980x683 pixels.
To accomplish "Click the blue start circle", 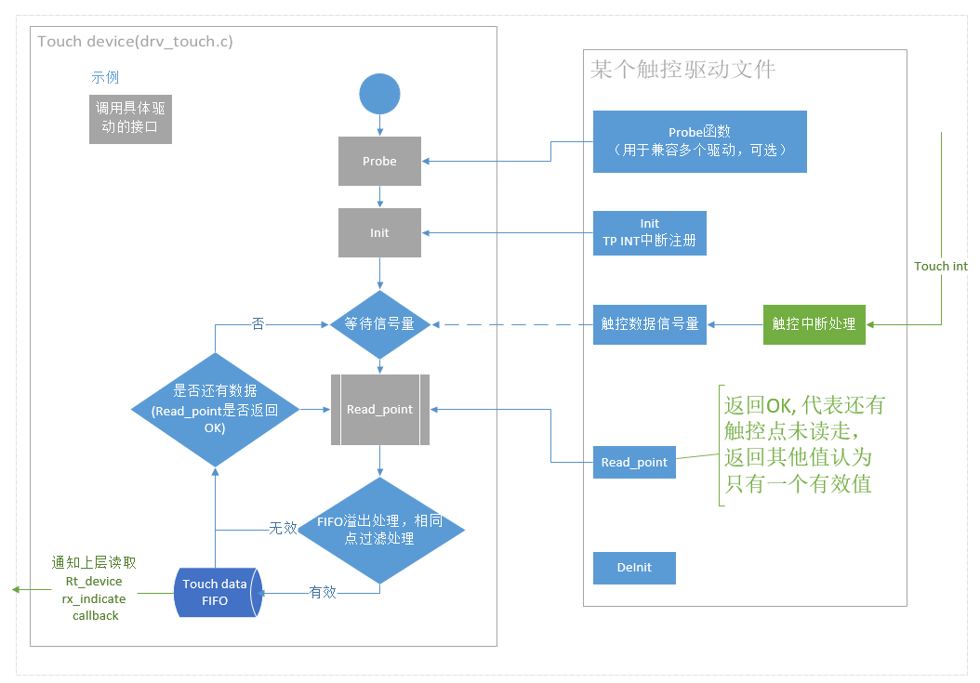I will click(x=379, y=94).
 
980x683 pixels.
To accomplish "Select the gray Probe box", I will click(x=379, y=161).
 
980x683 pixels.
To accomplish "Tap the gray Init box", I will click(x=379, y=232).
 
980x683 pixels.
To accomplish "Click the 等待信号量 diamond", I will click(x=379, y=324).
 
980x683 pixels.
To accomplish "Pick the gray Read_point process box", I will click(x=379, y=409).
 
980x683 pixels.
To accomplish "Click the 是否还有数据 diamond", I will click(x=215, y=410).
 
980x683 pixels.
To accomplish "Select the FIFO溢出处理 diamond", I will click(x=379, y=531).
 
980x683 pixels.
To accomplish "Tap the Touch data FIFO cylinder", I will click(x=218, y=592).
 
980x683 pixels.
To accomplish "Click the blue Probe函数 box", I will click(x=699, y=141).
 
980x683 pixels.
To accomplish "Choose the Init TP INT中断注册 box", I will click(x=649, y=232).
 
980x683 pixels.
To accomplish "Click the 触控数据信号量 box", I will click(x=649, y=324).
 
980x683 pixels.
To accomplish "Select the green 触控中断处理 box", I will click(x=814, y=324).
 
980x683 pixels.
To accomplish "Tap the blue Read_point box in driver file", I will click(x=634, y=462).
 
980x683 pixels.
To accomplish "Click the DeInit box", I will click(x=634, y=567).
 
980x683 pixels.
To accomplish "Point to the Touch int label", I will click(x=940, y=267).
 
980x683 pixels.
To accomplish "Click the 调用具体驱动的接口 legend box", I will click(x=130, y=118).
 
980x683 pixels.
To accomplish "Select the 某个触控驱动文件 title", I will click(x=682, y=70).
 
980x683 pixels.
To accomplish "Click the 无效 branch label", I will click(x=283, y=528).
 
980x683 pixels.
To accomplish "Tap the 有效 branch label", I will click(x=322, y=591).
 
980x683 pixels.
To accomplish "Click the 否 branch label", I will click(x=258, y=323).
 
